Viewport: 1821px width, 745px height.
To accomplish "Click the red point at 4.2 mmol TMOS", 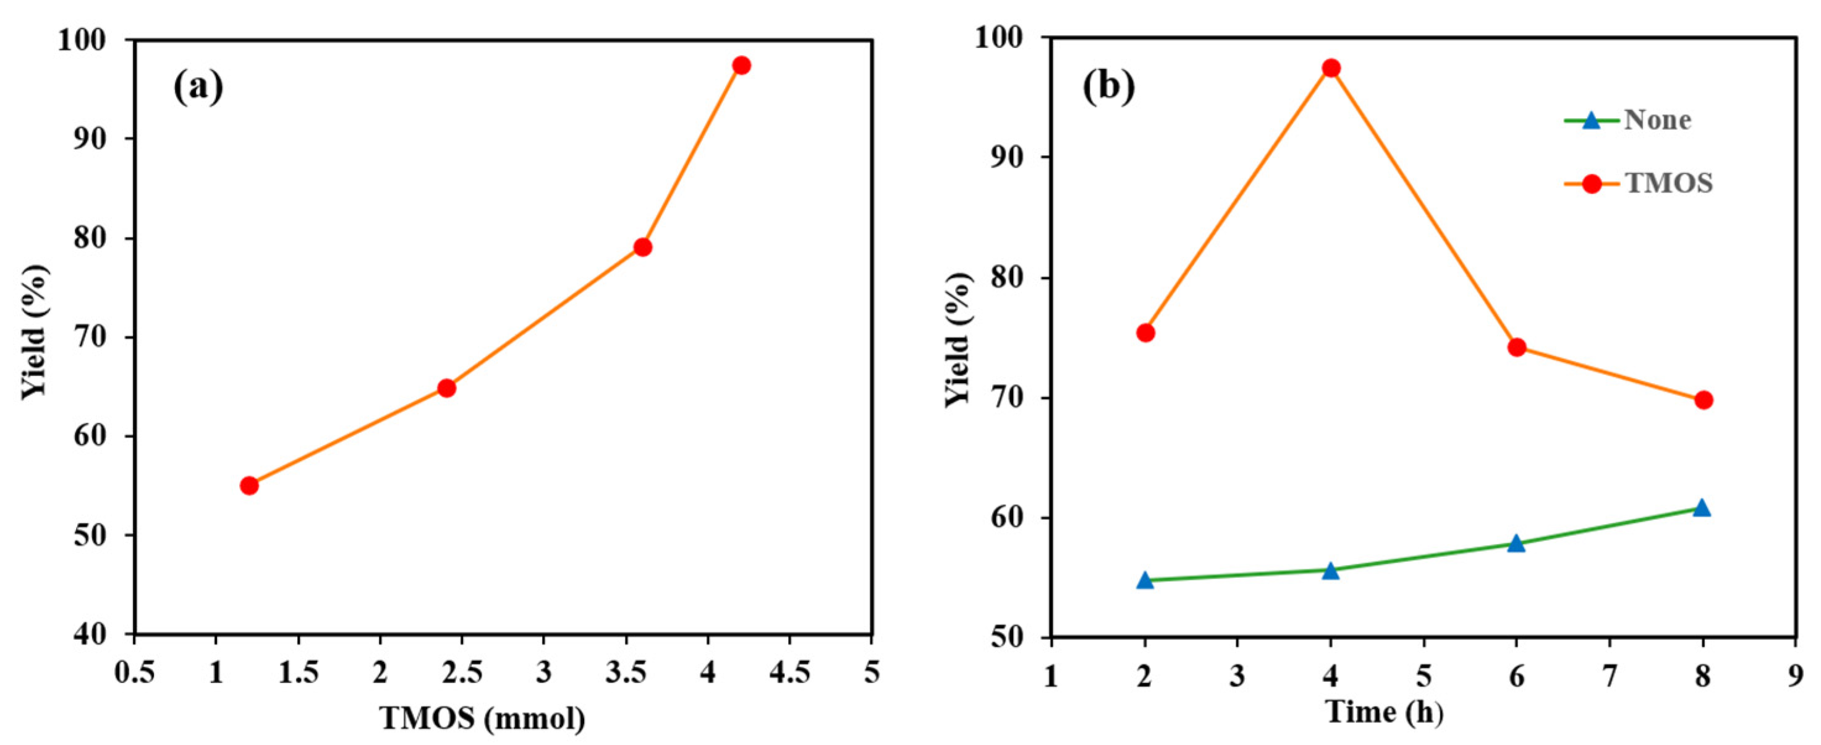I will click(x=741, y=66).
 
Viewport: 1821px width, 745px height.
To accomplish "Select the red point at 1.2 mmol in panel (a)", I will click(x=249, y=485).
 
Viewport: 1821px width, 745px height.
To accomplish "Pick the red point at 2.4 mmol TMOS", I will click(x=446, y=388).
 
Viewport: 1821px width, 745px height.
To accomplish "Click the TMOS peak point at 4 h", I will click(x=1331, y=69).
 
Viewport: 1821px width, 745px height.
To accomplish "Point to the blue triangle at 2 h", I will click(x=1145, y=581).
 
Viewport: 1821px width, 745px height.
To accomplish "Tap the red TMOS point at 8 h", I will click(x=1703, y=400).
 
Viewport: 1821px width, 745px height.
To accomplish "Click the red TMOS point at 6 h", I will click(x=1516, y=347).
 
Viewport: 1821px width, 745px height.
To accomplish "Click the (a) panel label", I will click(x=198, y=88).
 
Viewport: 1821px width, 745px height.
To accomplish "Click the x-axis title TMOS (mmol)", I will click(x=483, y=719).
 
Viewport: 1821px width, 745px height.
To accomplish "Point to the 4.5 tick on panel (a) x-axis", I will click(x=789, y=673).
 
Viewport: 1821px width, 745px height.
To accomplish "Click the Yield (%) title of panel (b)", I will click(x=959, y=340).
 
